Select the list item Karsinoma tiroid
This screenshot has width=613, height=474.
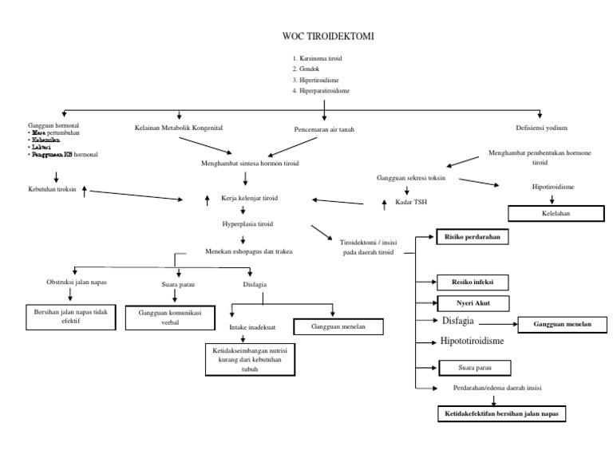point(321,59)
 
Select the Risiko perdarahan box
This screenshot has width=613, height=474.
point(472,237)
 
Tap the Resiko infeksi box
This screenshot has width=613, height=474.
point(471,282)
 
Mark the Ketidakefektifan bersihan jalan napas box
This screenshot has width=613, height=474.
point(502,414)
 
